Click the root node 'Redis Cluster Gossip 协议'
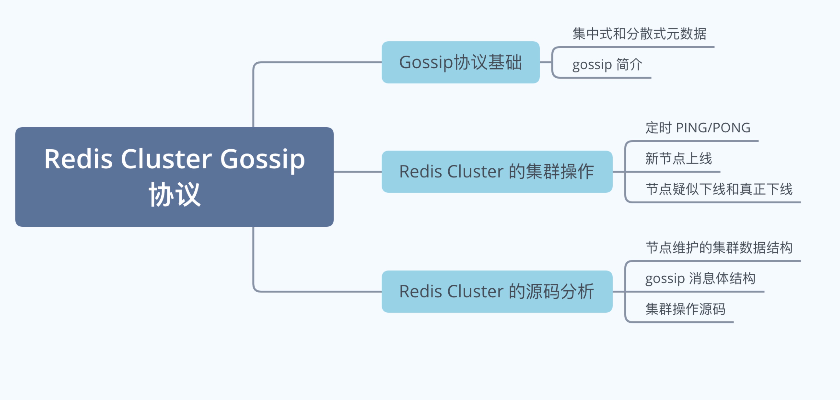point(175,177)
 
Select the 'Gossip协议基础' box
point(461,62)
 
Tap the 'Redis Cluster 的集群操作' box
point(497,172)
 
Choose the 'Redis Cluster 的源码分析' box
point(497,291)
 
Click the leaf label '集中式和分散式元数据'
point(639,34)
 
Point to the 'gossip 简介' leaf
point(607,65)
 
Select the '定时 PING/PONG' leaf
point(698,128)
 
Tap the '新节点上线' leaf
point(679,159)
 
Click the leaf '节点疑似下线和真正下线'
point(719,189)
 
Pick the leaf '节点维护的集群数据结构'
point(719,248)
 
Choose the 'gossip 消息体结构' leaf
point(700,278)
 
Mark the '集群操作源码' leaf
point(685,309)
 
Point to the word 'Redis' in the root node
point(78,159)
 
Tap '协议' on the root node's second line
point(175,194)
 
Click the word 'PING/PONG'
point(713,128)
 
